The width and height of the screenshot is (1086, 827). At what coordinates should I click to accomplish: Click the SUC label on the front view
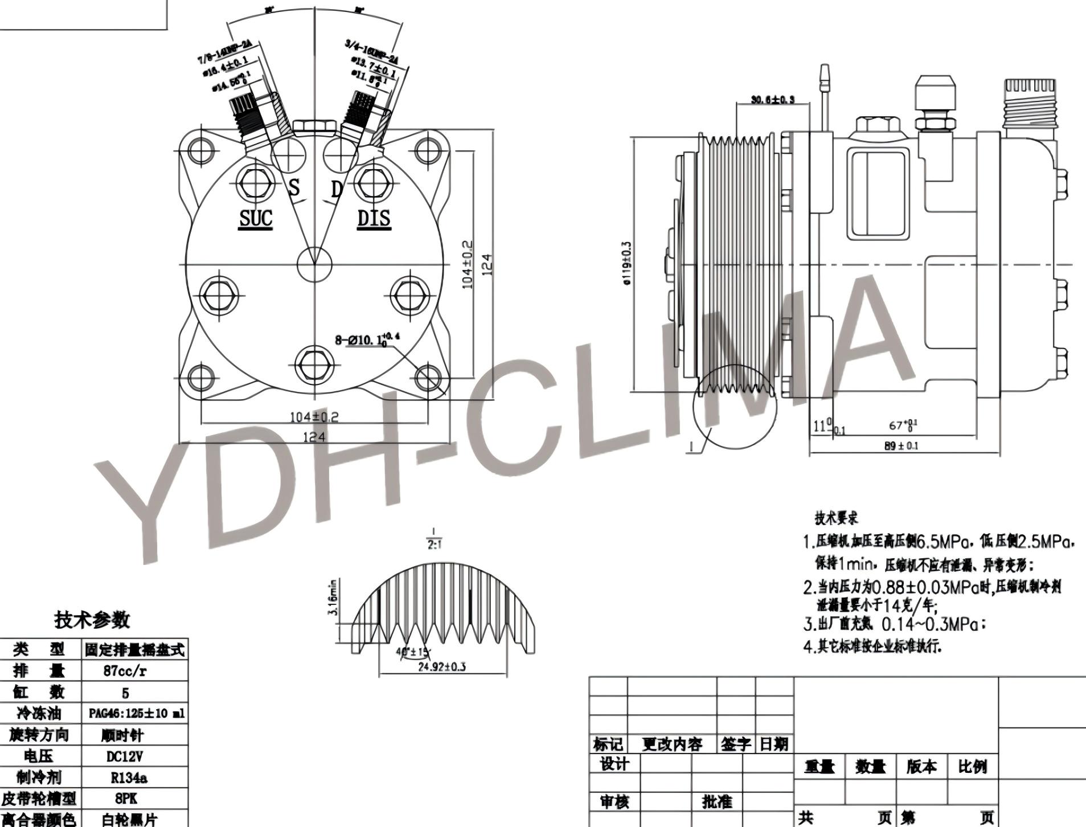point(256,218)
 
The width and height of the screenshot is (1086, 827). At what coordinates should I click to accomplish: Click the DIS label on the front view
point(374,218)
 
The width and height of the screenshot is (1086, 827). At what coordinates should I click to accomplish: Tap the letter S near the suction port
point(294,187)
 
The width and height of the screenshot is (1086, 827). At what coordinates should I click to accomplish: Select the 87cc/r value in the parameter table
point(125,671)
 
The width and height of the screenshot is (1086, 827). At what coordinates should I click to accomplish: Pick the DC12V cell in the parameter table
point(125,756)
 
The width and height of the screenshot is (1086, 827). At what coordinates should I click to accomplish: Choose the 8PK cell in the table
point(125,799)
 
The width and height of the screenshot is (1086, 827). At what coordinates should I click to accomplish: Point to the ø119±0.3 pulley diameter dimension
point(627,263)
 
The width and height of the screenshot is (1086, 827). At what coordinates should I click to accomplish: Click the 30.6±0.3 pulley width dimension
point(772,100)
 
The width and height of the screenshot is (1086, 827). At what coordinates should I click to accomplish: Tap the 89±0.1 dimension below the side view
point(901,445)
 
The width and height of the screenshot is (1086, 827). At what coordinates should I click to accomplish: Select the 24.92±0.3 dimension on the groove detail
point(441,666)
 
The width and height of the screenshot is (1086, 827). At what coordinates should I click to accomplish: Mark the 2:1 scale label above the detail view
point(435,544)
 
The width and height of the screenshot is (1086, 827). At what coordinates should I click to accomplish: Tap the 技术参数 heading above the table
point(92,620)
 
